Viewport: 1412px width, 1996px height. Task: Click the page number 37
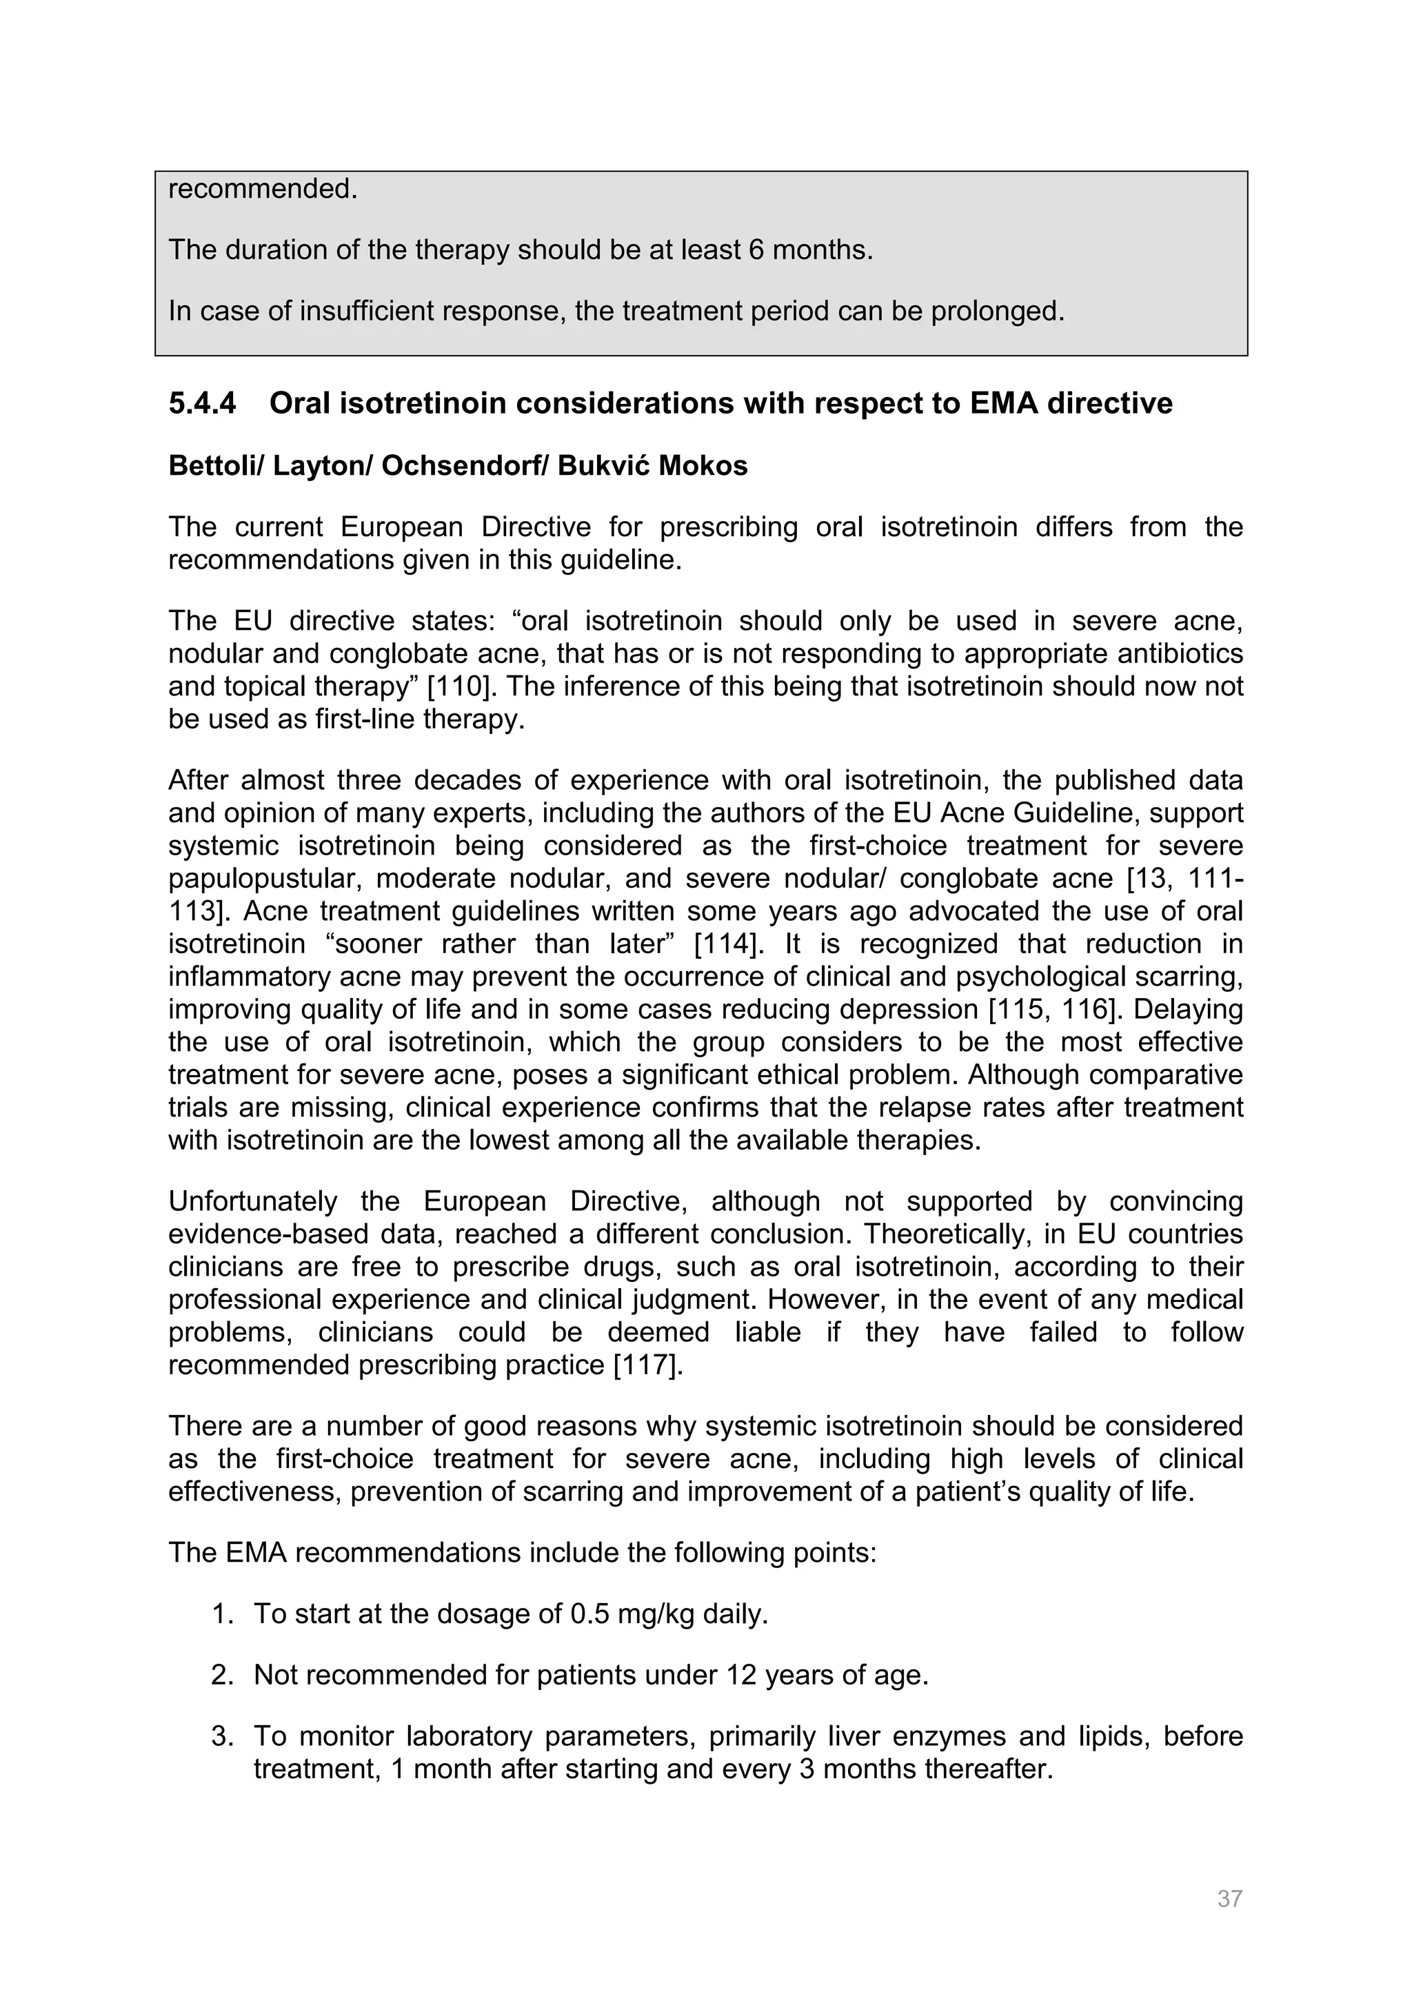pyautogui.click(x=1229, y=1899)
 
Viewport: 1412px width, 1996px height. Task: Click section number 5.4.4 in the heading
pyautogui.click(x=202, y=403)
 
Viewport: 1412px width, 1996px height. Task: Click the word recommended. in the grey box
pyautogui.click(x=263, y=189)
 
